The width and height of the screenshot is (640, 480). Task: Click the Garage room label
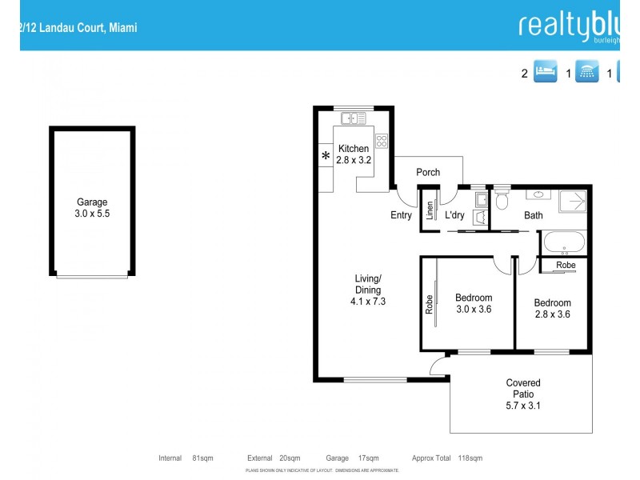92,208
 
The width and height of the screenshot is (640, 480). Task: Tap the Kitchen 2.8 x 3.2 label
354,154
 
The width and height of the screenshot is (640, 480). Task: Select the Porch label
428,172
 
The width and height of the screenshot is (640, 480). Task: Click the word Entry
401,215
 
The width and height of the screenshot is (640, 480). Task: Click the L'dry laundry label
454,215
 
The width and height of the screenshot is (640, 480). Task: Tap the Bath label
533,215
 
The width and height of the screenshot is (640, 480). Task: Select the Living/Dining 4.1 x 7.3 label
368,290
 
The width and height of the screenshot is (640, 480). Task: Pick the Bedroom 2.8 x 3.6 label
552,309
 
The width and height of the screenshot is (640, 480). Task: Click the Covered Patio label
523,394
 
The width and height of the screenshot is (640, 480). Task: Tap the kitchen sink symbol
353,118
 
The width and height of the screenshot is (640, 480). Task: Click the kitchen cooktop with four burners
382,142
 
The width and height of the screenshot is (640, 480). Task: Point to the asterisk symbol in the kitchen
326,156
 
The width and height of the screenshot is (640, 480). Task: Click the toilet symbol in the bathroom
502,200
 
